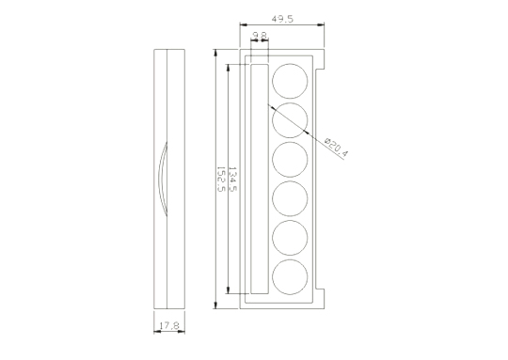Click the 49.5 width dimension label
coord(282,19)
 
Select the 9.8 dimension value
coord(260,35)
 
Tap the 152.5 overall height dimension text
coord(221,179)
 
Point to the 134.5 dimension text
coord(232,179)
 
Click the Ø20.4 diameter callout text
coord(336,148)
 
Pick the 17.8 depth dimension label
coord(169,325)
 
